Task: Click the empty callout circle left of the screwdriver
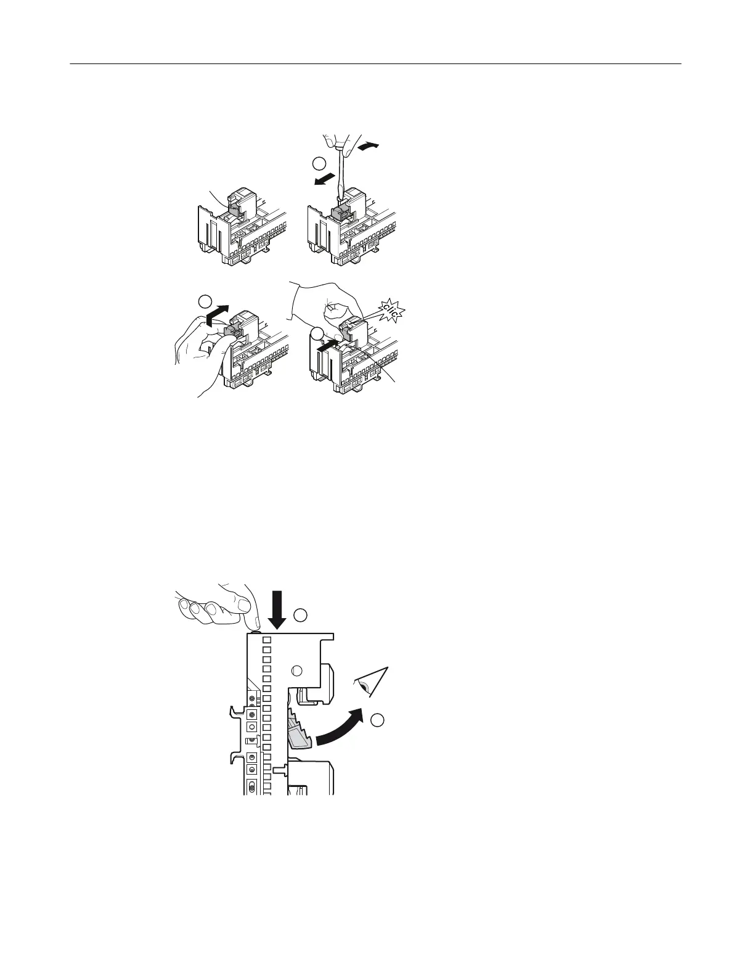coord(318,163)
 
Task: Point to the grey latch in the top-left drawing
coord(234,209)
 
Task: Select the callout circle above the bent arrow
coord(205,301)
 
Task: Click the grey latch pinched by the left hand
coord(232,332)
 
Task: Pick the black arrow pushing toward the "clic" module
coord(327,346)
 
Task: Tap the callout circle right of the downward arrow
coord(300,614)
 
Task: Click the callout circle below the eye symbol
coord(378,718)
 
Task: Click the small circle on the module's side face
coord(296,671)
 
